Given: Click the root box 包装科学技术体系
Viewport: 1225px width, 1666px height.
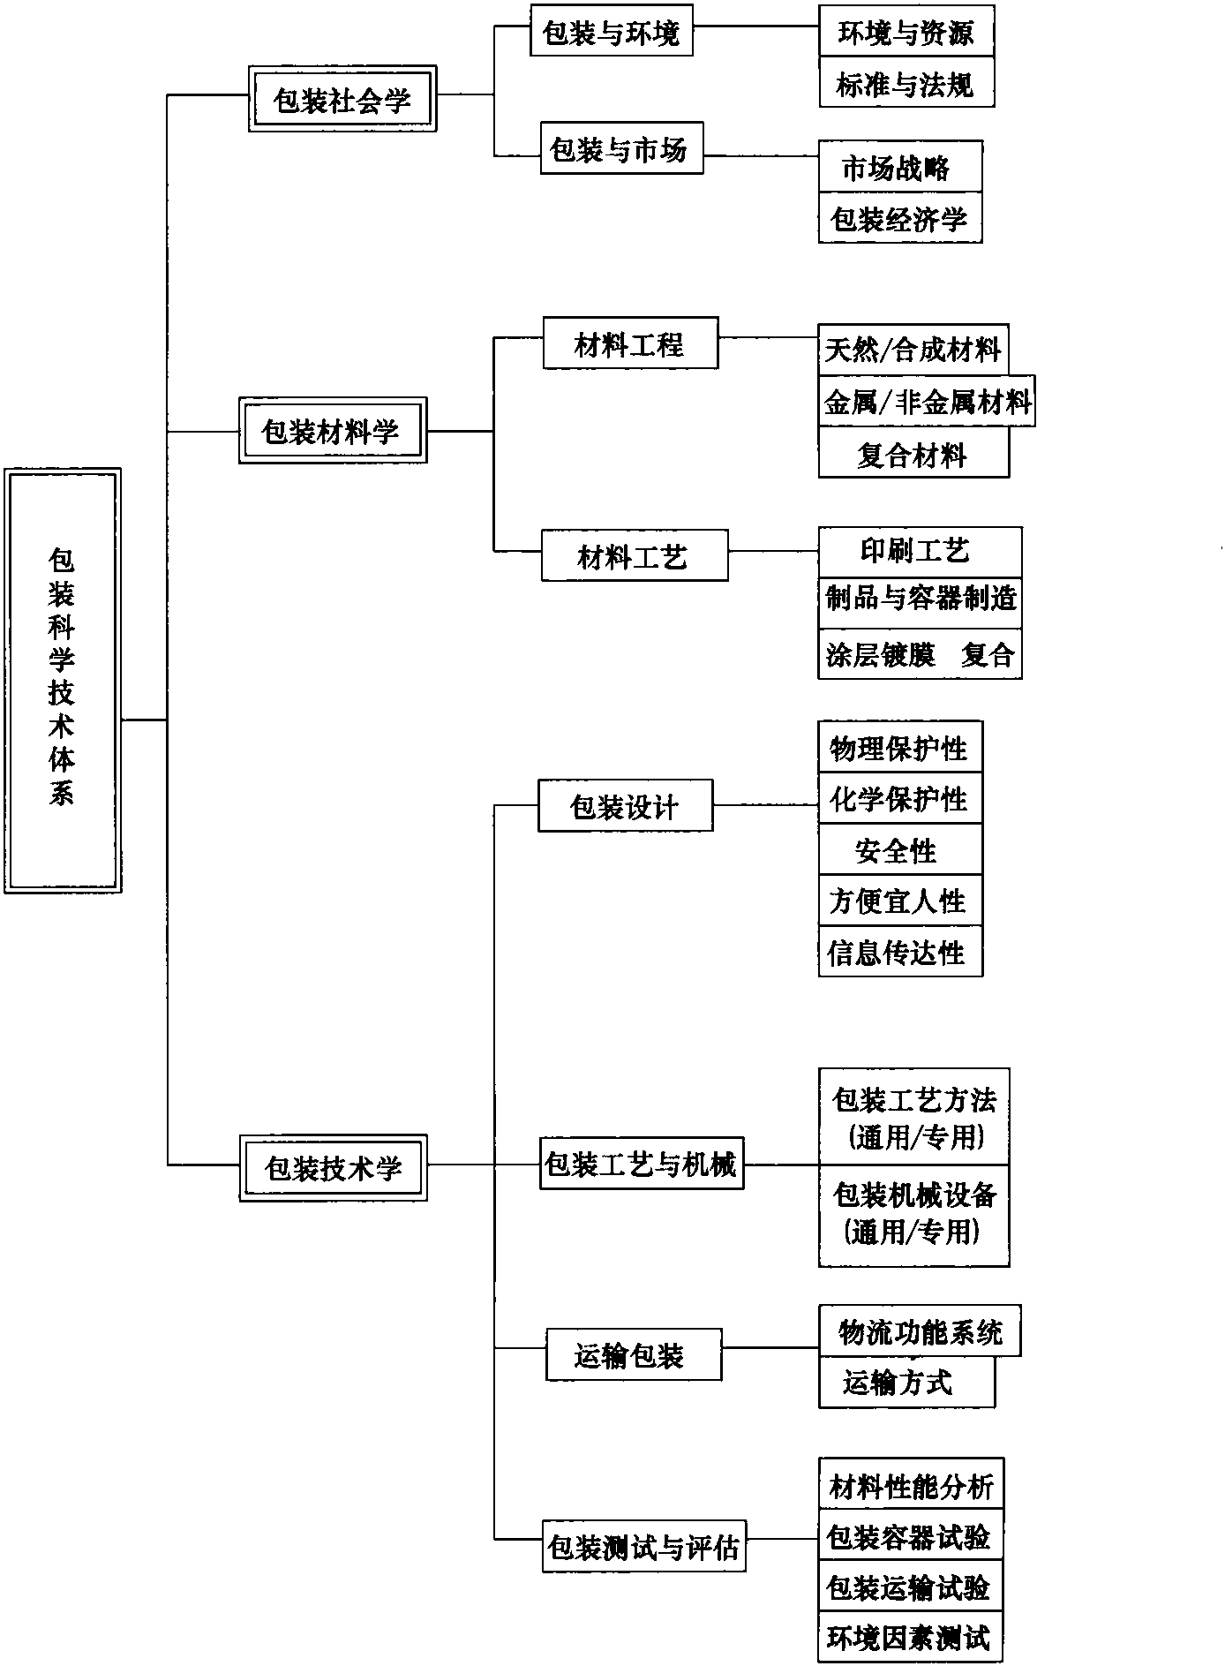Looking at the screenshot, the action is [x=63, y=680].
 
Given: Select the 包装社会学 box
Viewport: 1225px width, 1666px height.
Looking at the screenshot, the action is [x=342, y=99].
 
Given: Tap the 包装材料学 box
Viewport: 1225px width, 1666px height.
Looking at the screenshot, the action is [x=333, y=430].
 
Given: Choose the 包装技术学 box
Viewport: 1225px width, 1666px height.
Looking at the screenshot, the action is [x=333, y=1167].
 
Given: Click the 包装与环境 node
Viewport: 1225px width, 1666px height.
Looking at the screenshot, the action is [x=611, y=31].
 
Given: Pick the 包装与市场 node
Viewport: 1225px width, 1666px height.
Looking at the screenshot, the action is [x=621, y=148].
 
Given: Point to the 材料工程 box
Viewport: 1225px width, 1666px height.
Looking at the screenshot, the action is [x=630, y=343].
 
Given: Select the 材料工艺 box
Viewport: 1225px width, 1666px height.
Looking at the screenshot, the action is [x=635, y=555].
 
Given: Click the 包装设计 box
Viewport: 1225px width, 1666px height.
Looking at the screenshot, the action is [x=625, y=805].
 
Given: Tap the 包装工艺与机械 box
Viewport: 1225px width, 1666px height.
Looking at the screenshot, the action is [x=642, y=1164].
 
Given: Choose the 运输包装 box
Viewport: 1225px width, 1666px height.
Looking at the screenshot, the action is [x=634, y=1354].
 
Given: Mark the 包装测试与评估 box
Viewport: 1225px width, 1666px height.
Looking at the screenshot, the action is [x=644, y=1545].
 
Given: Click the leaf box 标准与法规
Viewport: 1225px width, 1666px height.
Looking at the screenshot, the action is [x=906, y=82].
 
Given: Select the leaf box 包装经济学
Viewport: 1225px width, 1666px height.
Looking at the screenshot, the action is [x=900, y=217].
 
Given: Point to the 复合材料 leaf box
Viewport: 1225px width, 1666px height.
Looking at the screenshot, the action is [x=913, y=453].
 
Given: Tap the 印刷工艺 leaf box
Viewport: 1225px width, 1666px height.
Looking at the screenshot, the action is [x=920, y=552].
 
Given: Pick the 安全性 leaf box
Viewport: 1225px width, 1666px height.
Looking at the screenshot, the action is [x=900, y=849].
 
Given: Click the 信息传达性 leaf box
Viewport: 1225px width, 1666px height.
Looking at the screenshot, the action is [x=900, y=951].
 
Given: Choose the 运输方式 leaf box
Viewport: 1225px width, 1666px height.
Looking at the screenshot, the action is [x=906, y=1382].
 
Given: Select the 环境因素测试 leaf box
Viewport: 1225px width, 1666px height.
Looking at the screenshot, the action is [x=911, y=1638].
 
